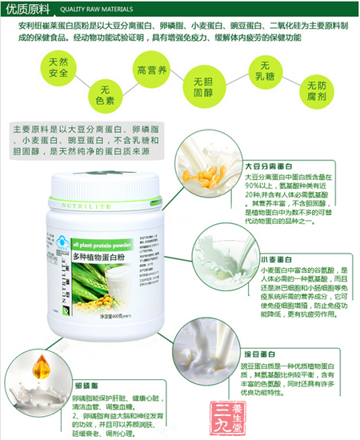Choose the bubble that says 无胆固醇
click(200, 89)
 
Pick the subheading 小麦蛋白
click(270, 260)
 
